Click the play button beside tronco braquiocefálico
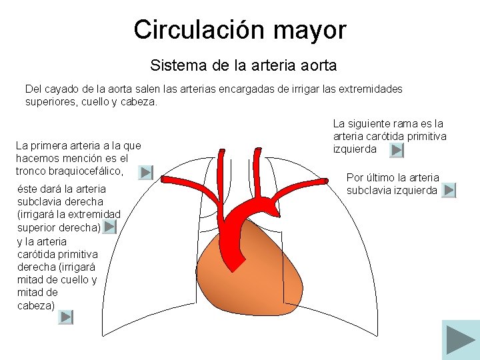pos(146,173)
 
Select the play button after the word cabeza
pos(66,317)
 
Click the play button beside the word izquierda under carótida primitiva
pos(397,151)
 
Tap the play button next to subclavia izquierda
pos(449,191)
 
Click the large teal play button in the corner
pos(460,339)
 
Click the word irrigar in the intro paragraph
pos(305,89)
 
